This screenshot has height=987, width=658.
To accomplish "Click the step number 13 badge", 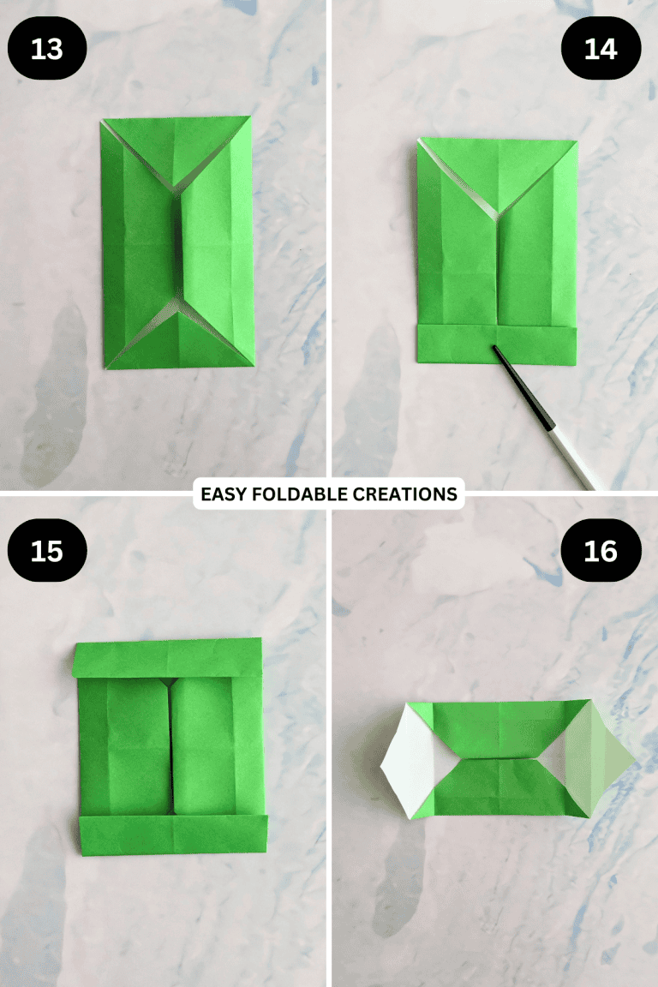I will [x=47, y=50].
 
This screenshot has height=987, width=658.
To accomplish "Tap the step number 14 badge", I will [x=601, y=50].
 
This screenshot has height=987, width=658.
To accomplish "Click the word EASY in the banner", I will [x=224, y=494].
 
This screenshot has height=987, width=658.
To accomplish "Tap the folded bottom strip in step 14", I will [x=496, y=344].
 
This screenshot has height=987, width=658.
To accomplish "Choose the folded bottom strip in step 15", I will [x=172, y=834].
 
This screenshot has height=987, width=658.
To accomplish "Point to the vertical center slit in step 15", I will [x=172, y=745].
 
